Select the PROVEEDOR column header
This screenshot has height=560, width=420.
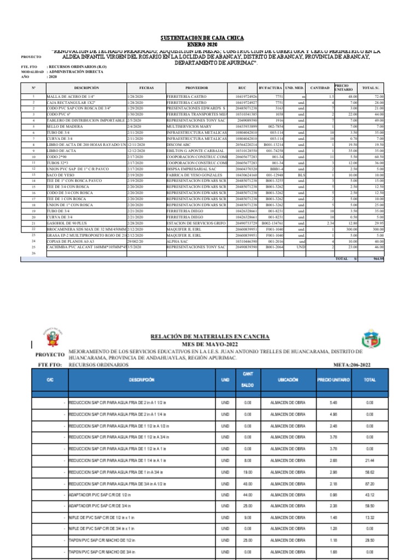(x=196, y=87)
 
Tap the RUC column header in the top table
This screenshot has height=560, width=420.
(x=242, y=87)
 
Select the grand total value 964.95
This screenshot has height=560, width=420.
(x=378, y=259)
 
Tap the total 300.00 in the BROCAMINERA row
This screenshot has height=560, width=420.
(x=376, y=229)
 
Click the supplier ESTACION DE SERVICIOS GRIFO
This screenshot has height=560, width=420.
(x=196, y=223)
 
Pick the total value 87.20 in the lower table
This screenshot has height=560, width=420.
(x=370, y=483)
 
